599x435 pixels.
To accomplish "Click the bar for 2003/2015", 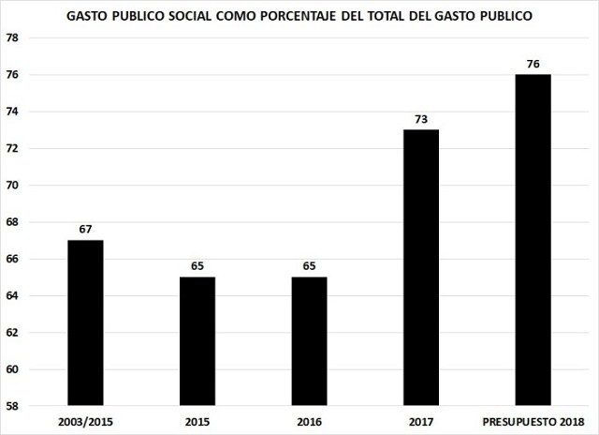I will coord(84,323).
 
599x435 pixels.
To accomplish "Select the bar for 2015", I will coord(197,341).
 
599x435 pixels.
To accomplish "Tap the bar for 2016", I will coord(309,341).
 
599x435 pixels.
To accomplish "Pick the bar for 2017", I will coord(421,267).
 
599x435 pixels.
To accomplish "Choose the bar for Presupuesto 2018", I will coord(533,240).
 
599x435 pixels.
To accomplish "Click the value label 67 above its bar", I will coord(84,230).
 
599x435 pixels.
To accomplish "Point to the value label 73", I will coord(421,119).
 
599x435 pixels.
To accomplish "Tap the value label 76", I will coord(533,64).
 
